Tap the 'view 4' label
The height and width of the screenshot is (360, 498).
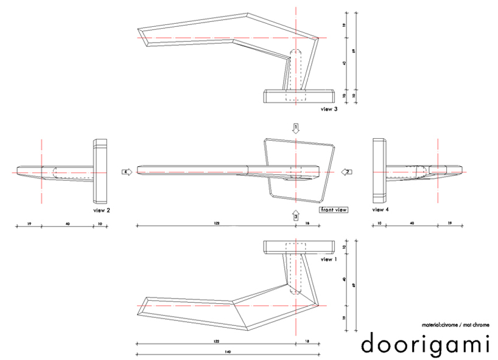click(x=380, y=210)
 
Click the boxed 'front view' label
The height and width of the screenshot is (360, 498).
click(x=333, y=210)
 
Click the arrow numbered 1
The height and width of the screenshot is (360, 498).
click(x=295, y=128)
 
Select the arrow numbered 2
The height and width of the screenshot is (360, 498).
click(x=345, y=172)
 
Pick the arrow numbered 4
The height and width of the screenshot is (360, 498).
click(x=127, y=172)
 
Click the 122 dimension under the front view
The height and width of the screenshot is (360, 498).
click(x=217, y=224)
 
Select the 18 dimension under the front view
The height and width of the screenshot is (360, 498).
click(x=307, y=224)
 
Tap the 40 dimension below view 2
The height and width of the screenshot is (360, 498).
click(x=67, y=224)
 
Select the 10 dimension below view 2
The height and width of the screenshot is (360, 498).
click(x=99, y=224)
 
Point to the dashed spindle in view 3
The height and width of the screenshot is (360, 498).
click(x=295, y=70)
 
